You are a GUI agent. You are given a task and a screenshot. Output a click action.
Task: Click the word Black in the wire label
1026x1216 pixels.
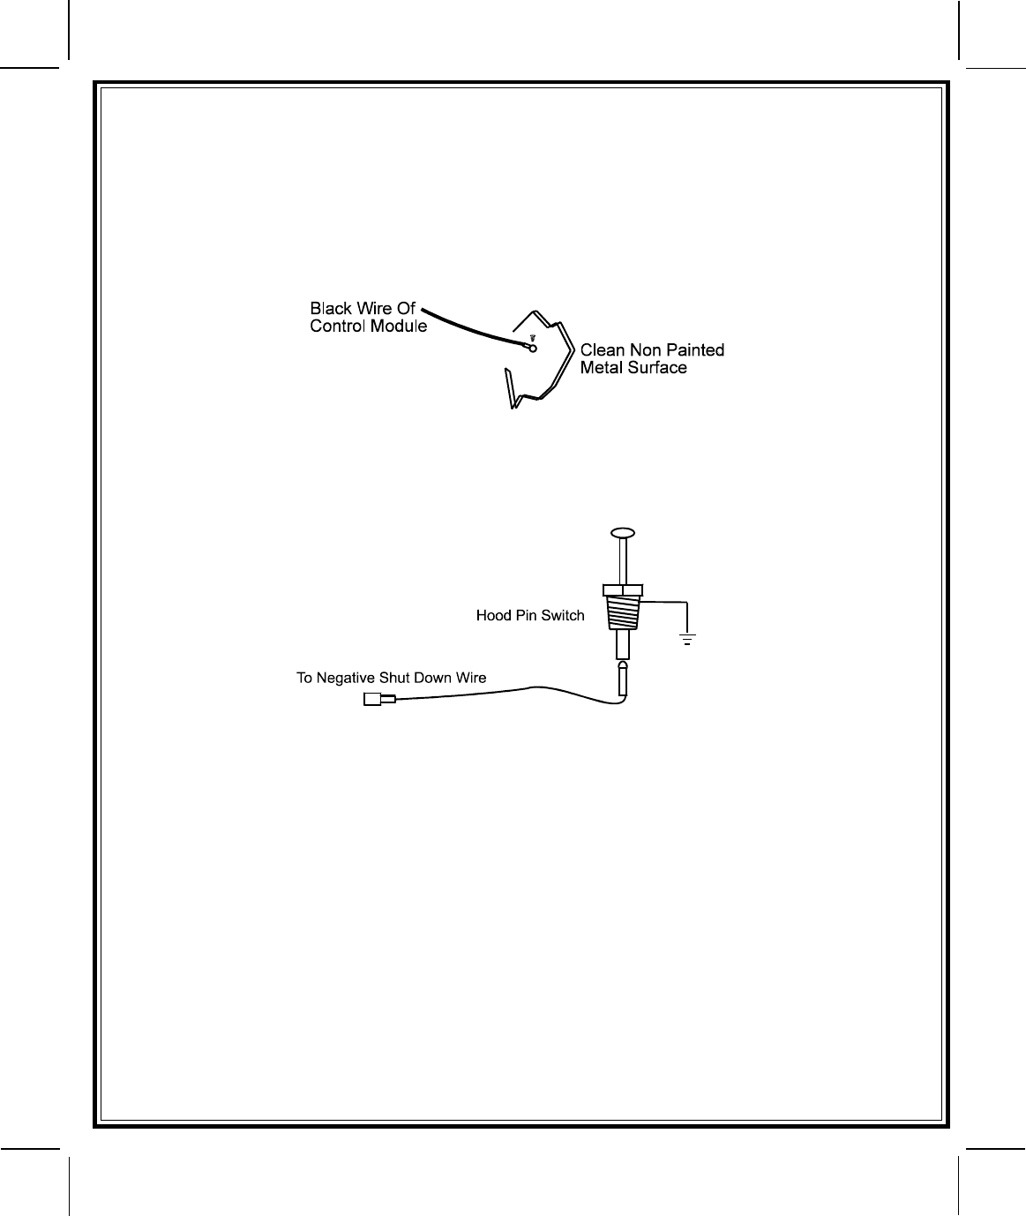click(x=332, y=309)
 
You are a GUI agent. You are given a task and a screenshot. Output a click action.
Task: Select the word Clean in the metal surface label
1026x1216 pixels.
click(x=603, y=350)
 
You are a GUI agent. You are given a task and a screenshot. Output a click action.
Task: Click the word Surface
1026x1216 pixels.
click(x=658, y=368)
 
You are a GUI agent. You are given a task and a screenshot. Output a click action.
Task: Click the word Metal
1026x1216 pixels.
click(x=602, y=368)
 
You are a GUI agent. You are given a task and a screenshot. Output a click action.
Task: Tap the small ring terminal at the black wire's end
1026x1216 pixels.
click(x=532, y=348)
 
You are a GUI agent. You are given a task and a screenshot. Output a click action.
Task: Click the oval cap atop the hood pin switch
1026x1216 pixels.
click(x=623, y=533)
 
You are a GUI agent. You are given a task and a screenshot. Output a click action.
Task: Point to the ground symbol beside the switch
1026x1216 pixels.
click(x=687, y=637)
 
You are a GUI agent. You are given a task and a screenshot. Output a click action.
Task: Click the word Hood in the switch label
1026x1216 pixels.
click(x=492, y=616)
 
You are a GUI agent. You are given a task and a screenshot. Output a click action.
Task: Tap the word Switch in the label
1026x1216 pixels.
click(x=563, y=616)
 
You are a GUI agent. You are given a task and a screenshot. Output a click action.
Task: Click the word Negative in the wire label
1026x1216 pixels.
click(x=346, y=678)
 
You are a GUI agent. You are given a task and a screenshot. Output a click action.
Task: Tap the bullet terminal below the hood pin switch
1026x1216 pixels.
click(x=623, y=679)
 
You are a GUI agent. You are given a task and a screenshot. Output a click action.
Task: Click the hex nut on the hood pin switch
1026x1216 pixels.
click(x=623, y=589)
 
